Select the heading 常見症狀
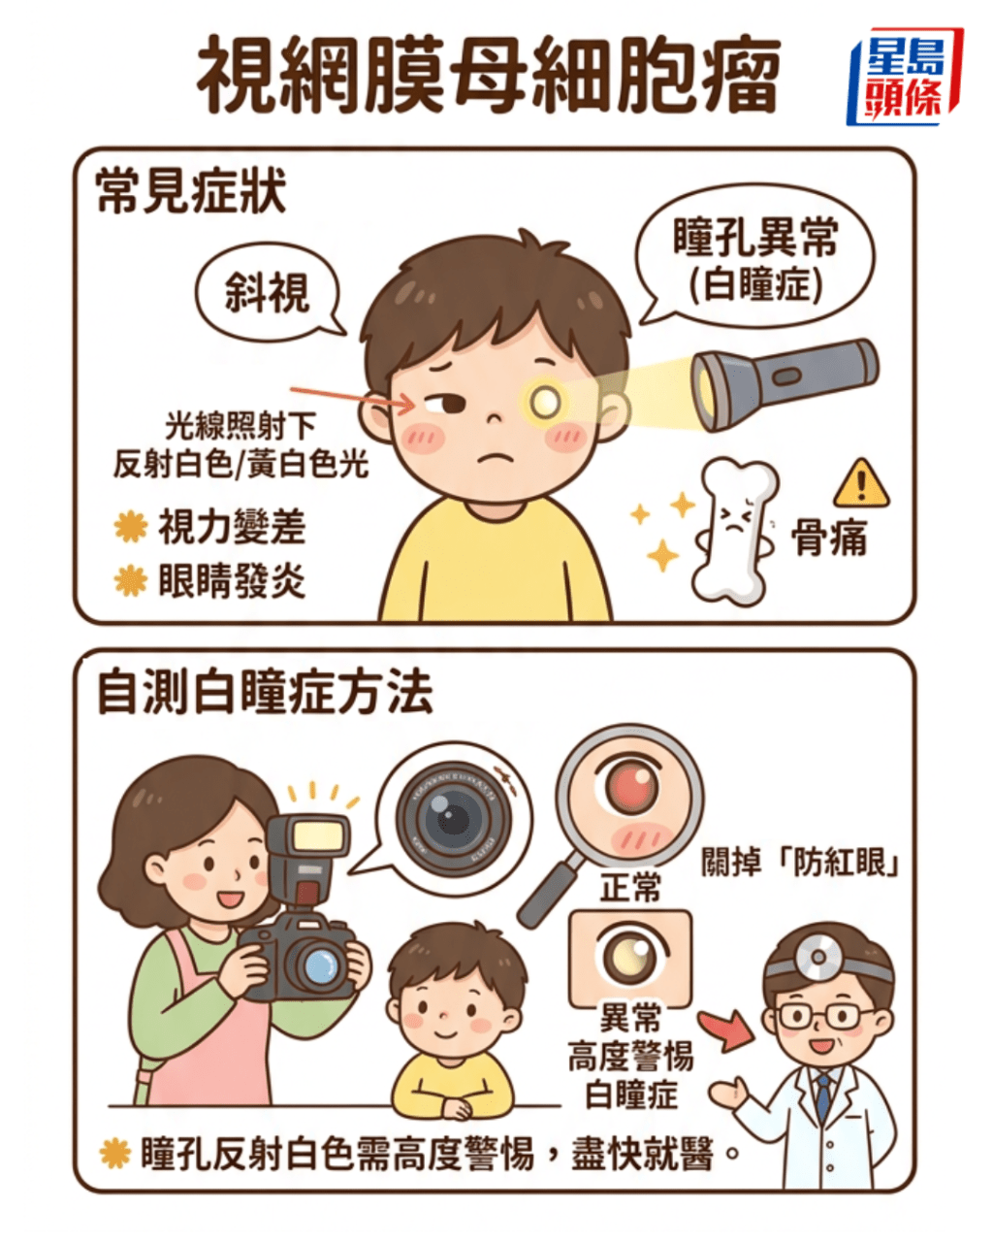point(191,190)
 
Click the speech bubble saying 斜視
point(267,290)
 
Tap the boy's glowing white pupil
point(546,399)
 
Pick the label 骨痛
point(830,537)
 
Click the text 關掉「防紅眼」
point(799,863)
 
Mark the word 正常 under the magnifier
point(630,887)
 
